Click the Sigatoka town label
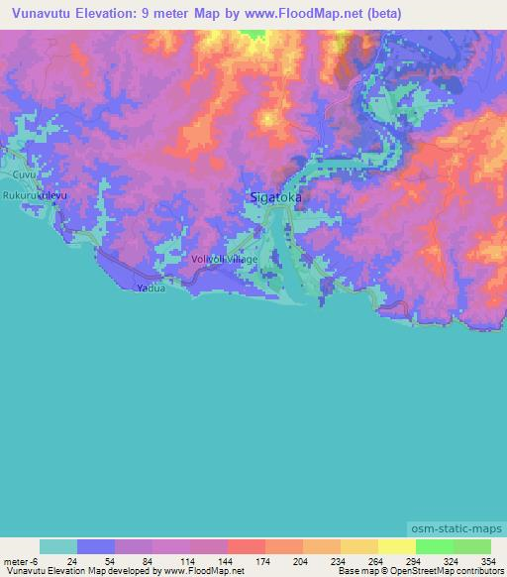pyautogui.click(x=271, y=198)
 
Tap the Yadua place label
pyautogui.click(x=147, y=288)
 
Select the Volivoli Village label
pyautogui.click(x=224, y=259)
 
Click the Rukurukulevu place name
pyautogui.click(x=35, y=196)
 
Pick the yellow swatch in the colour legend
pyautogui.click(x=396, y=546)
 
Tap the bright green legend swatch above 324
pyautogui.click(x=434, y=546)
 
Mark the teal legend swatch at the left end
pyautogui.click(x=58, y=546)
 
